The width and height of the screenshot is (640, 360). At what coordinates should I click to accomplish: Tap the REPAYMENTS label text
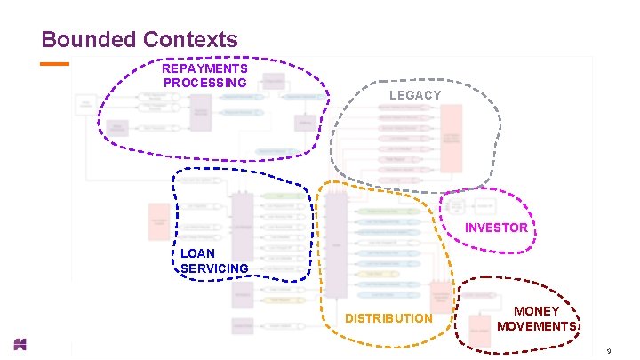pyautogui.click(x=204, y=68)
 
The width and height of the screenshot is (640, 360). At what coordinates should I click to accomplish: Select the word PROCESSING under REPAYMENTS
pyautogui.click(x=204, y=83)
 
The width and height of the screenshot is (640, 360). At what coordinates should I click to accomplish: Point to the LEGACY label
pyautogui.click(x=415, y=95)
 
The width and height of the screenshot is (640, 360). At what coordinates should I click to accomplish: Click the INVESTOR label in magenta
pyautogui.click(x=497, y=228)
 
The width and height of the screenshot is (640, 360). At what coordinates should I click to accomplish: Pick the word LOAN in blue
pyautogui.click(x=197, y=253)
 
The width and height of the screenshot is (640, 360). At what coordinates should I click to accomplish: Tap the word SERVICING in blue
pyautogui.click(x=214, y=268)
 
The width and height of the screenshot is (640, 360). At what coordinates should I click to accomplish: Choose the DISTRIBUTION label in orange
pyautogui.click(x=388, y=318)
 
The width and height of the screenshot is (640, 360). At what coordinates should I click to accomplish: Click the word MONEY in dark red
pyautogui.click(x=537, y=311)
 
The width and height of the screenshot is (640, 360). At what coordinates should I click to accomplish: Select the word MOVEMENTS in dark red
pyautogui.click(x=538, y=326)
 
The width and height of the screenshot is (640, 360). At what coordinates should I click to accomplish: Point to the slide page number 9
pyautogui.click(x=608, y=352)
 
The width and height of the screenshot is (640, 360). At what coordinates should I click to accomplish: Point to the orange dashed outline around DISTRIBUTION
pyautogui.click(x=318, y=267)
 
